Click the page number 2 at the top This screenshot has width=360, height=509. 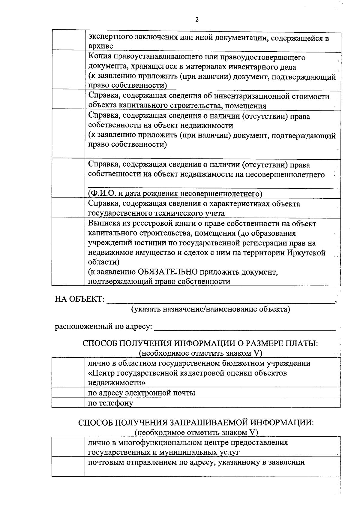coord(197,20)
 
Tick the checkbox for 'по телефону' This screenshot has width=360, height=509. coord(68,402)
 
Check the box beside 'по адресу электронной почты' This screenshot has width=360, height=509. coord(68,392)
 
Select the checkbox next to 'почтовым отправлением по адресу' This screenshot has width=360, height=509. coord(68,466)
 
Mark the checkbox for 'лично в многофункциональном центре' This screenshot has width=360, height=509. coord(68,447)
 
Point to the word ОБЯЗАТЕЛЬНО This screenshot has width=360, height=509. coord(167,272)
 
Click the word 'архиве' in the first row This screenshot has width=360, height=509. coord(100,46)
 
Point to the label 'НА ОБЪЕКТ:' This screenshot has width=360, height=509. coord(79,299)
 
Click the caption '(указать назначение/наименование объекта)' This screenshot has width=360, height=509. coord(211,309)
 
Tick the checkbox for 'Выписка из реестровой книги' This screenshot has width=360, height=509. coord(68,251)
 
